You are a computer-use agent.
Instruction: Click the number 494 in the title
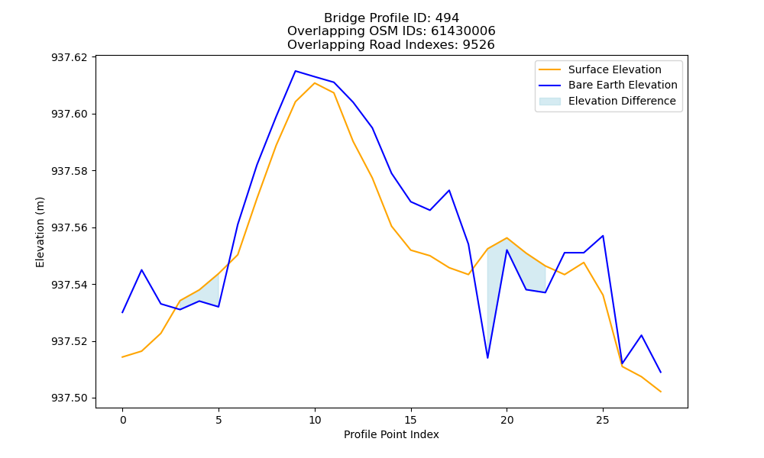(447, 18)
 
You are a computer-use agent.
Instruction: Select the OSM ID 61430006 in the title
(463, 31)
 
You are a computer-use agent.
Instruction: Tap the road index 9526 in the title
(478, 45)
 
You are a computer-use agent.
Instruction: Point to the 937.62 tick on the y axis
(70, 57)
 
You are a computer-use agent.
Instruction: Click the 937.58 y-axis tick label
(70, 171)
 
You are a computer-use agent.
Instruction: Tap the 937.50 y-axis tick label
(70, 398)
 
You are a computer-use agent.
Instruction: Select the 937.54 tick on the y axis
(70, 285)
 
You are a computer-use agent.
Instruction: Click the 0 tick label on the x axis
(123, 420)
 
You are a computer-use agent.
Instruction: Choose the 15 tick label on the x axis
(411, 420)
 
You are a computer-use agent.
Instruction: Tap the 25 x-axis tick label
(603, 420)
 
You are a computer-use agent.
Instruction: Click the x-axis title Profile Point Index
(391, 434)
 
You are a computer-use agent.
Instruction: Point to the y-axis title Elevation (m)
(40, 232)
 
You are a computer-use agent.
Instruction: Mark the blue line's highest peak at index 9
(295, 71)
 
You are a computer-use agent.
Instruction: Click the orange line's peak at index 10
(315, 82)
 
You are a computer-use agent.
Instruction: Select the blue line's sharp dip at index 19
(487, 358)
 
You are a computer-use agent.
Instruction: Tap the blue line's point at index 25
(604, 236)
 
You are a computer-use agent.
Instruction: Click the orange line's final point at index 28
(661, 392)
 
